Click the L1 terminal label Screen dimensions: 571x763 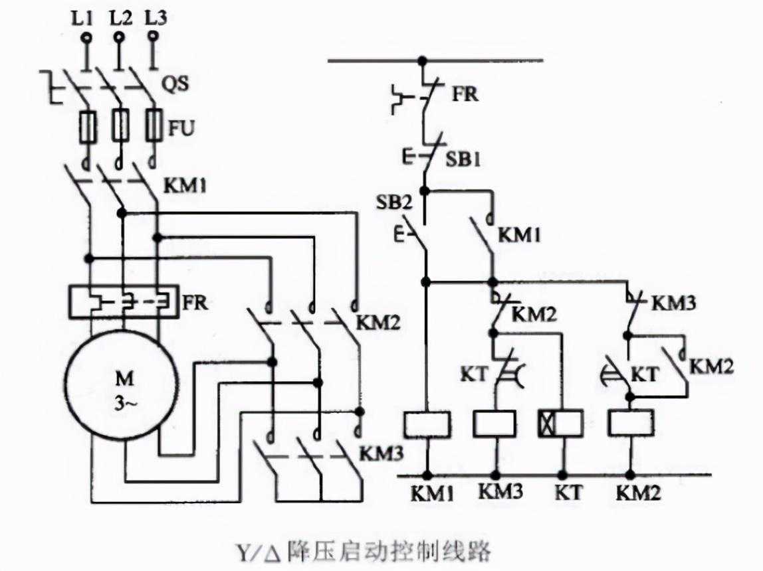pos(85,18)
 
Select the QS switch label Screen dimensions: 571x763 pos(176,84)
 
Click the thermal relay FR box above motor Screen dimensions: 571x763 pos(124,303)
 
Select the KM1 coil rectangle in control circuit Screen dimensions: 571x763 pos(427,424)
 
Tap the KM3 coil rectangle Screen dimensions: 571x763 pos(494,424)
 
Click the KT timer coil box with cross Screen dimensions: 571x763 pos(560,424)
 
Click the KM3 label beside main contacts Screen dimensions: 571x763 pos(381,453)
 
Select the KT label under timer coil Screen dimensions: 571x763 pos(568,495)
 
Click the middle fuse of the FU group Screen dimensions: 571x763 pos(120,125)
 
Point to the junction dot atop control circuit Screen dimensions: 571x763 pos(421,60)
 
